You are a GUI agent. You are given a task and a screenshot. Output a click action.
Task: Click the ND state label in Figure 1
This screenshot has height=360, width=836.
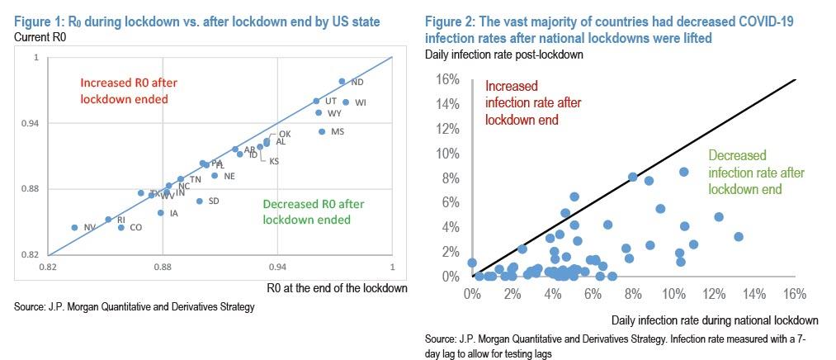[357, 83]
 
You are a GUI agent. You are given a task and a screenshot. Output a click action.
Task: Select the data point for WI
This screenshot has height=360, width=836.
[346, 102]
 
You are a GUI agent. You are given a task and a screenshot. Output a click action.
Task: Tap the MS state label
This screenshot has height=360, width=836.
[337, 132]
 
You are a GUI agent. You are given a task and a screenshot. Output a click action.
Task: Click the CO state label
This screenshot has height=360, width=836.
[136, 228]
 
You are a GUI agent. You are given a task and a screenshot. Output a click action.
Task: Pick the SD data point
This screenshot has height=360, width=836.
[199, 201]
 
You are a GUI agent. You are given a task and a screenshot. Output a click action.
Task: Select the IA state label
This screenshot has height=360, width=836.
[173, 214]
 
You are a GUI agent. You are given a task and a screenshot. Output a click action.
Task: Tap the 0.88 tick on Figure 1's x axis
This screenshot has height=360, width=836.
[163, 268]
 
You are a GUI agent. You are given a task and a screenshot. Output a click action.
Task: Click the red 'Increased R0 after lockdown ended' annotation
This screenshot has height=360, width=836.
[129, 91]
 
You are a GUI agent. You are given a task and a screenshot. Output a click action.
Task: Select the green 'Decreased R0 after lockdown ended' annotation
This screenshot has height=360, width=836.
[313, 212]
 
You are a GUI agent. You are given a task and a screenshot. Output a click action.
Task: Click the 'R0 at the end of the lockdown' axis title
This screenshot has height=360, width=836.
[338, 288]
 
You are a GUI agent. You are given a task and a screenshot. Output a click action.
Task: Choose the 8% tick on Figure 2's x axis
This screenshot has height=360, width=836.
[633, 294]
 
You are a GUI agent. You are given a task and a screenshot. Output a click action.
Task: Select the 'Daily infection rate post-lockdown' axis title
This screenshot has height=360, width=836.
[505, 54]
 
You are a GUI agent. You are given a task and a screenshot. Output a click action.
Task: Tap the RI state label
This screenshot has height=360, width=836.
[121, 220]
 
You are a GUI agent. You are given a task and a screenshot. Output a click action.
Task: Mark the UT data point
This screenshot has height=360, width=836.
[316, 101]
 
